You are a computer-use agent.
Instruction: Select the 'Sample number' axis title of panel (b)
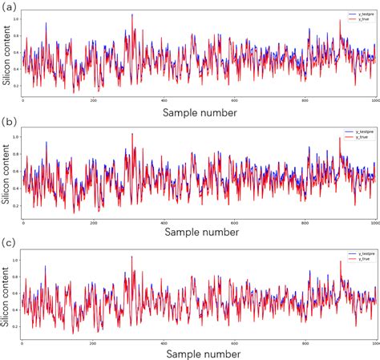tap(199, 231)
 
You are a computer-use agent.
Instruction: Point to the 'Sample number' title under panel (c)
tap(199, 353)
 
